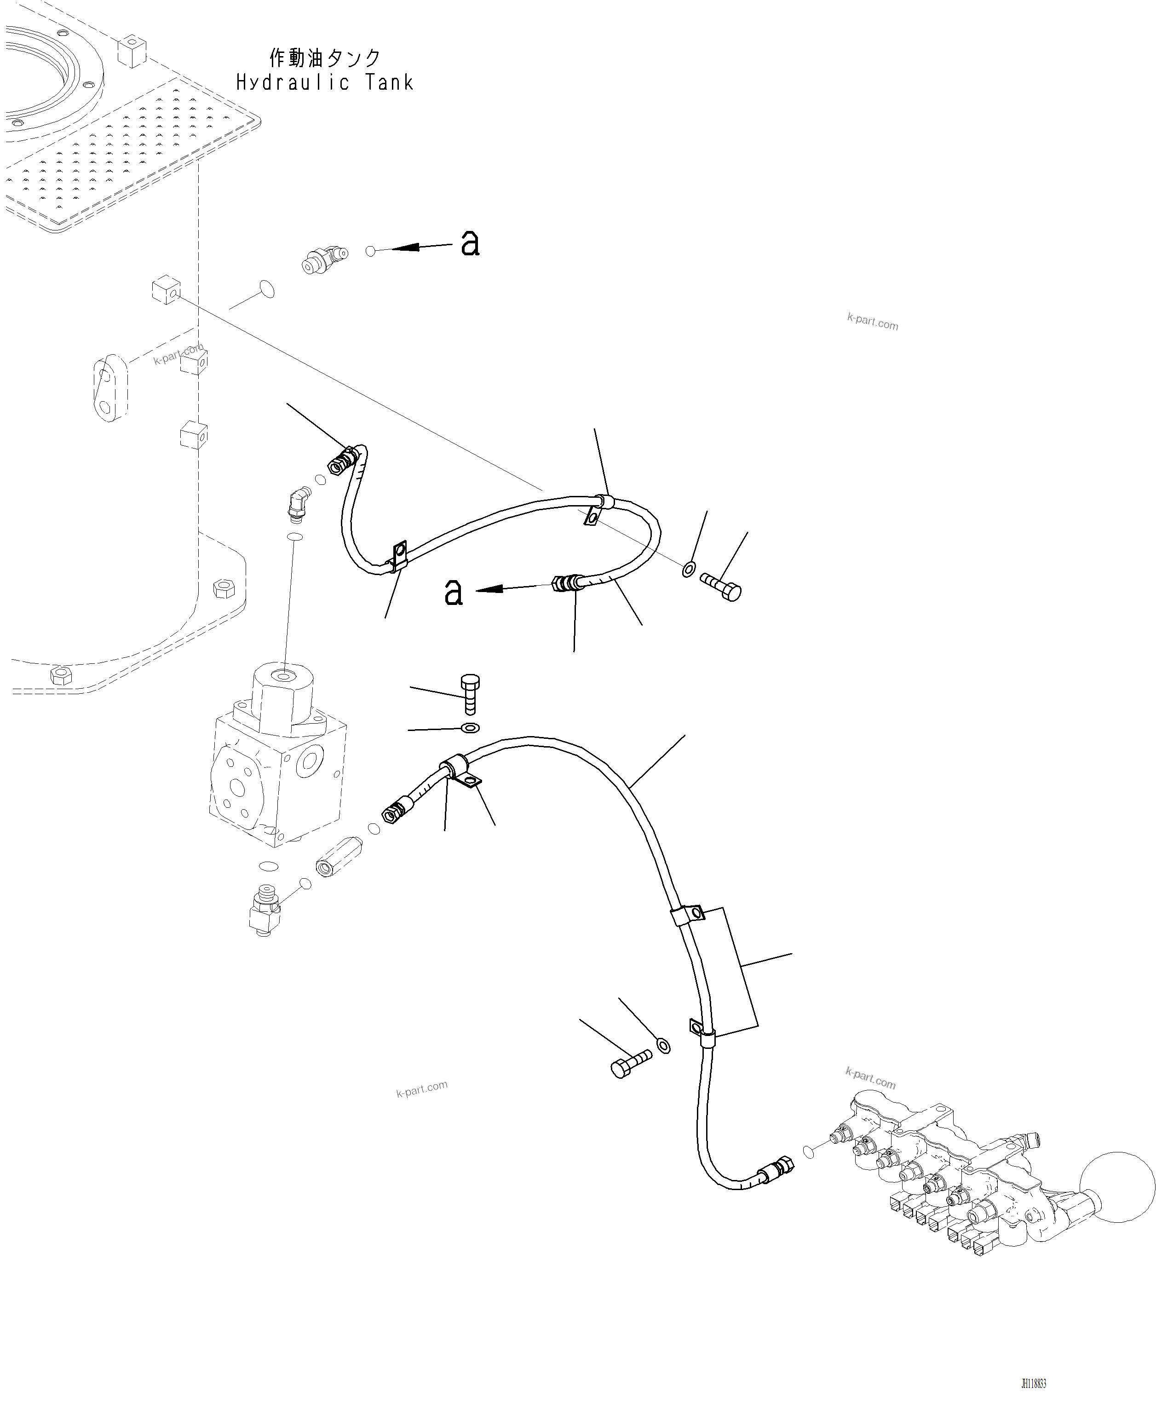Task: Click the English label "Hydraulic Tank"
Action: coord(324,83)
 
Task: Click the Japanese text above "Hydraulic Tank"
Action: coord(324,58)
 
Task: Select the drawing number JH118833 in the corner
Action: coord(1034,1384)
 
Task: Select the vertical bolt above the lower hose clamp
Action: coord(470,693)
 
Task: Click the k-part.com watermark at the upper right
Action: coord(872,322)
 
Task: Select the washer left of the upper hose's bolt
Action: coord(689,569)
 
